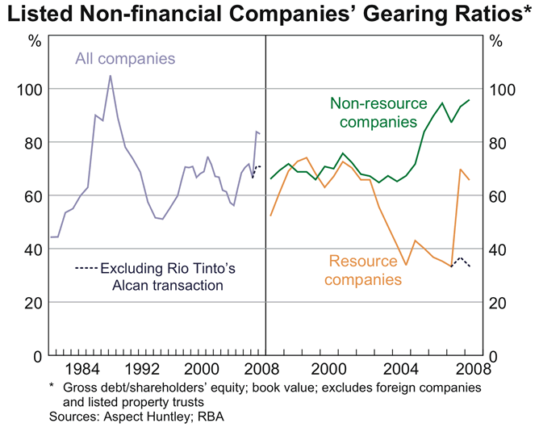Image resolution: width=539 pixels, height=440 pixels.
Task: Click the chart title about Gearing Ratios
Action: [x=269, y=15]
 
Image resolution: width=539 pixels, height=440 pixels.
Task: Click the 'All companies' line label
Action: [x=125, y=58]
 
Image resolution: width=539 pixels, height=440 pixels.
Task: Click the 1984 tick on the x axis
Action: [x=79, y=371]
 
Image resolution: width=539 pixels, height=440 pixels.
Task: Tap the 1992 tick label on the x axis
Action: [x=138, y=371]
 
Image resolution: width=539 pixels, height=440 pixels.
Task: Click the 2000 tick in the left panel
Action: [x=198, y=371]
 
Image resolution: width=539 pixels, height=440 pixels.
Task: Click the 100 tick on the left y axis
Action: [x=30, y=89]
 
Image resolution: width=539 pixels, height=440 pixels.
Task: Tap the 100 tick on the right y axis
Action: [x=503, y=89]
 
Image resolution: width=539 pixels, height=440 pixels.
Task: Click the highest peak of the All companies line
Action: [x=110, y=76]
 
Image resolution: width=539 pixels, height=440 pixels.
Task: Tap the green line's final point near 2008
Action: [x=469, y=100]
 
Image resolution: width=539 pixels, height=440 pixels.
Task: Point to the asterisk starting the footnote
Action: [x=52, y=387]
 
